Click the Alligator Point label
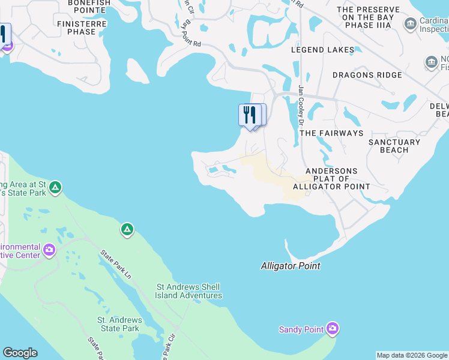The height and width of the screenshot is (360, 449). [291, 266]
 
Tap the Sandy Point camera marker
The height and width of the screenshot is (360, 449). [333, 329]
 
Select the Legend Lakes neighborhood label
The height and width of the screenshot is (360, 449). [320, 50]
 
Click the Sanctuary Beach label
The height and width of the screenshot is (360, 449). [394, 146]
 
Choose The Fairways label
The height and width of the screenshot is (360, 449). [331, 133]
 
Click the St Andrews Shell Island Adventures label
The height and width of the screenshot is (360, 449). [188, 291]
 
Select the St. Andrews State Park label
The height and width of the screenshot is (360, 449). [118, 324]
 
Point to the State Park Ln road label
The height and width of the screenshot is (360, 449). [116, 265]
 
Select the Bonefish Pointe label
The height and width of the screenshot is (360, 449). [89, 3]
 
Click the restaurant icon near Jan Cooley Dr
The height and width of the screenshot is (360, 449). [249, 114]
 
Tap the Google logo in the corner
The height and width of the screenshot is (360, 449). [20, 353]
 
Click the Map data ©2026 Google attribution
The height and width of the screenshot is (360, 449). [412, 355]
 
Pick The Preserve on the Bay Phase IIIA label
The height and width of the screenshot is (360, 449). [368, 17]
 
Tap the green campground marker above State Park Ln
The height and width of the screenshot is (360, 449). [127, 229]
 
